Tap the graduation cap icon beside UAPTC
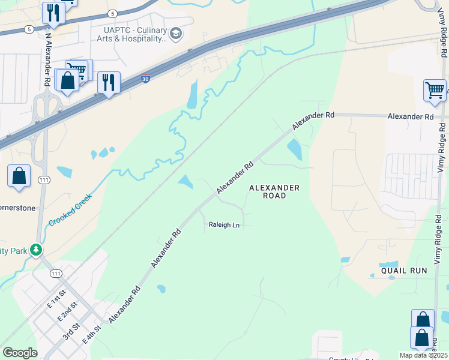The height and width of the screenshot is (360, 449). click(176, 34)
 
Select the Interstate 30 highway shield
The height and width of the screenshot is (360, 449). click(146, 79)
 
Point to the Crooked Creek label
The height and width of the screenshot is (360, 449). click(70, 209)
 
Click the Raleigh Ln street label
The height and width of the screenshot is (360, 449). click(224, 225)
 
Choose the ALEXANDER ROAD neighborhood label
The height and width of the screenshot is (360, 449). click(274, 191)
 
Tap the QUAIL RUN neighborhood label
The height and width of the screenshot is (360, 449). click(403, 271)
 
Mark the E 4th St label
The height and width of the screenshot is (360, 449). click(91, 333)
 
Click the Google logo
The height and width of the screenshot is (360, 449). click(20, 353)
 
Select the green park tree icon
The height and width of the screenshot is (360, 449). click(37, 249)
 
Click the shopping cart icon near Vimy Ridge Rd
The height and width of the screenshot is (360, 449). click(435, 91)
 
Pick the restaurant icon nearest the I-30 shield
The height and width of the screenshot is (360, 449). click(109, 82)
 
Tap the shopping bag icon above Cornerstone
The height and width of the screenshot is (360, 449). click(19, 176)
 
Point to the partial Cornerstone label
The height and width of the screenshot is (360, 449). click(17, 208)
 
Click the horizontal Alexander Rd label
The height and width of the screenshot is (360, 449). click(410, 116)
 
